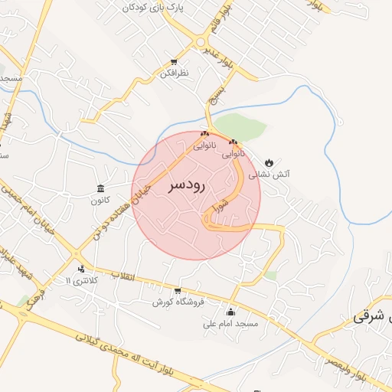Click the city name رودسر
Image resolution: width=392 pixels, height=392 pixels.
(186, 186)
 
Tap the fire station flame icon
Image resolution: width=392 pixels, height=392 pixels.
(269, 162)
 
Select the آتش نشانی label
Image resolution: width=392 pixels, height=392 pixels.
(274, 175)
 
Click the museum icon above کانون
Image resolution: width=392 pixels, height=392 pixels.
(101, 188)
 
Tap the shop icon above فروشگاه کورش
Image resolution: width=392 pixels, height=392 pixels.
(178, 290)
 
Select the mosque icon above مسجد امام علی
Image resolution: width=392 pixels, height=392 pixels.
(230, 312)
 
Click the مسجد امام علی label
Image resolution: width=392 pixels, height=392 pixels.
(230, 324)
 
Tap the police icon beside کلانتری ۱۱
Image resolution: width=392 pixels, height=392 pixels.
(81, 269)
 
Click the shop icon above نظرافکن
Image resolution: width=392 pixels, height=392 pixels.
(175, 61)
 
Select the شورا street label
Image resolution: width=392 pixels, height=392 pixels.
(220, 204)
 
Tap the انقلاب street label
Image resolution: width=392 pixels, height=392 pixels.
(122, 276)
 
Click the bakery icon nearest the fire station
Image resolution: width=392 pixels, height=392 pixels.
(233, 142)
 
